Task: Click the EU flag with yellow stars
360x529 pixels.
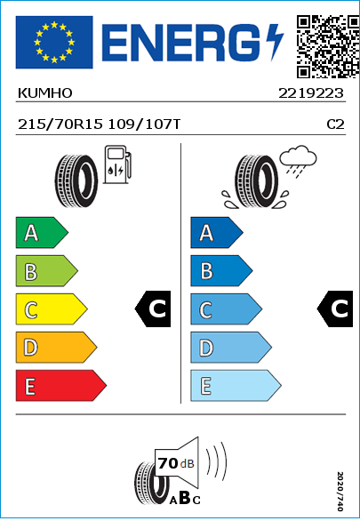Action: tap(54, 42)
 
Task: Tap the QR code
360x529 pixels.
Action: tap(328, 46)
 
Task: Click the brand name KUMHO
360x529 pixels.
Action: tap(44, 93)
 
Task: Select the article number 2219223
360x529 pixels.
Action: tap(311, 93)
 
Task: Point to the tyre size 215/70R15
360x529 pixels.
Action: tap(60, 124)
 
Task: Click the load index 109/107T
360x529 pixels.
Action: tap(144, 124)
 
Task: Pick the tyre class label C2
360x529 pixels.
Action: tap(335, 124)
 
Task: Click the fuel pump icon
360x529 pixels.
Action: tap(117, 164)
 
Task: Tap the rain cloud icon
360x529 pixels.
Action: tap(299, 161)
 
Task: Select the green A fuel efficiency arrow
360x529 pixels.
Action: tap(42, 232)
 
